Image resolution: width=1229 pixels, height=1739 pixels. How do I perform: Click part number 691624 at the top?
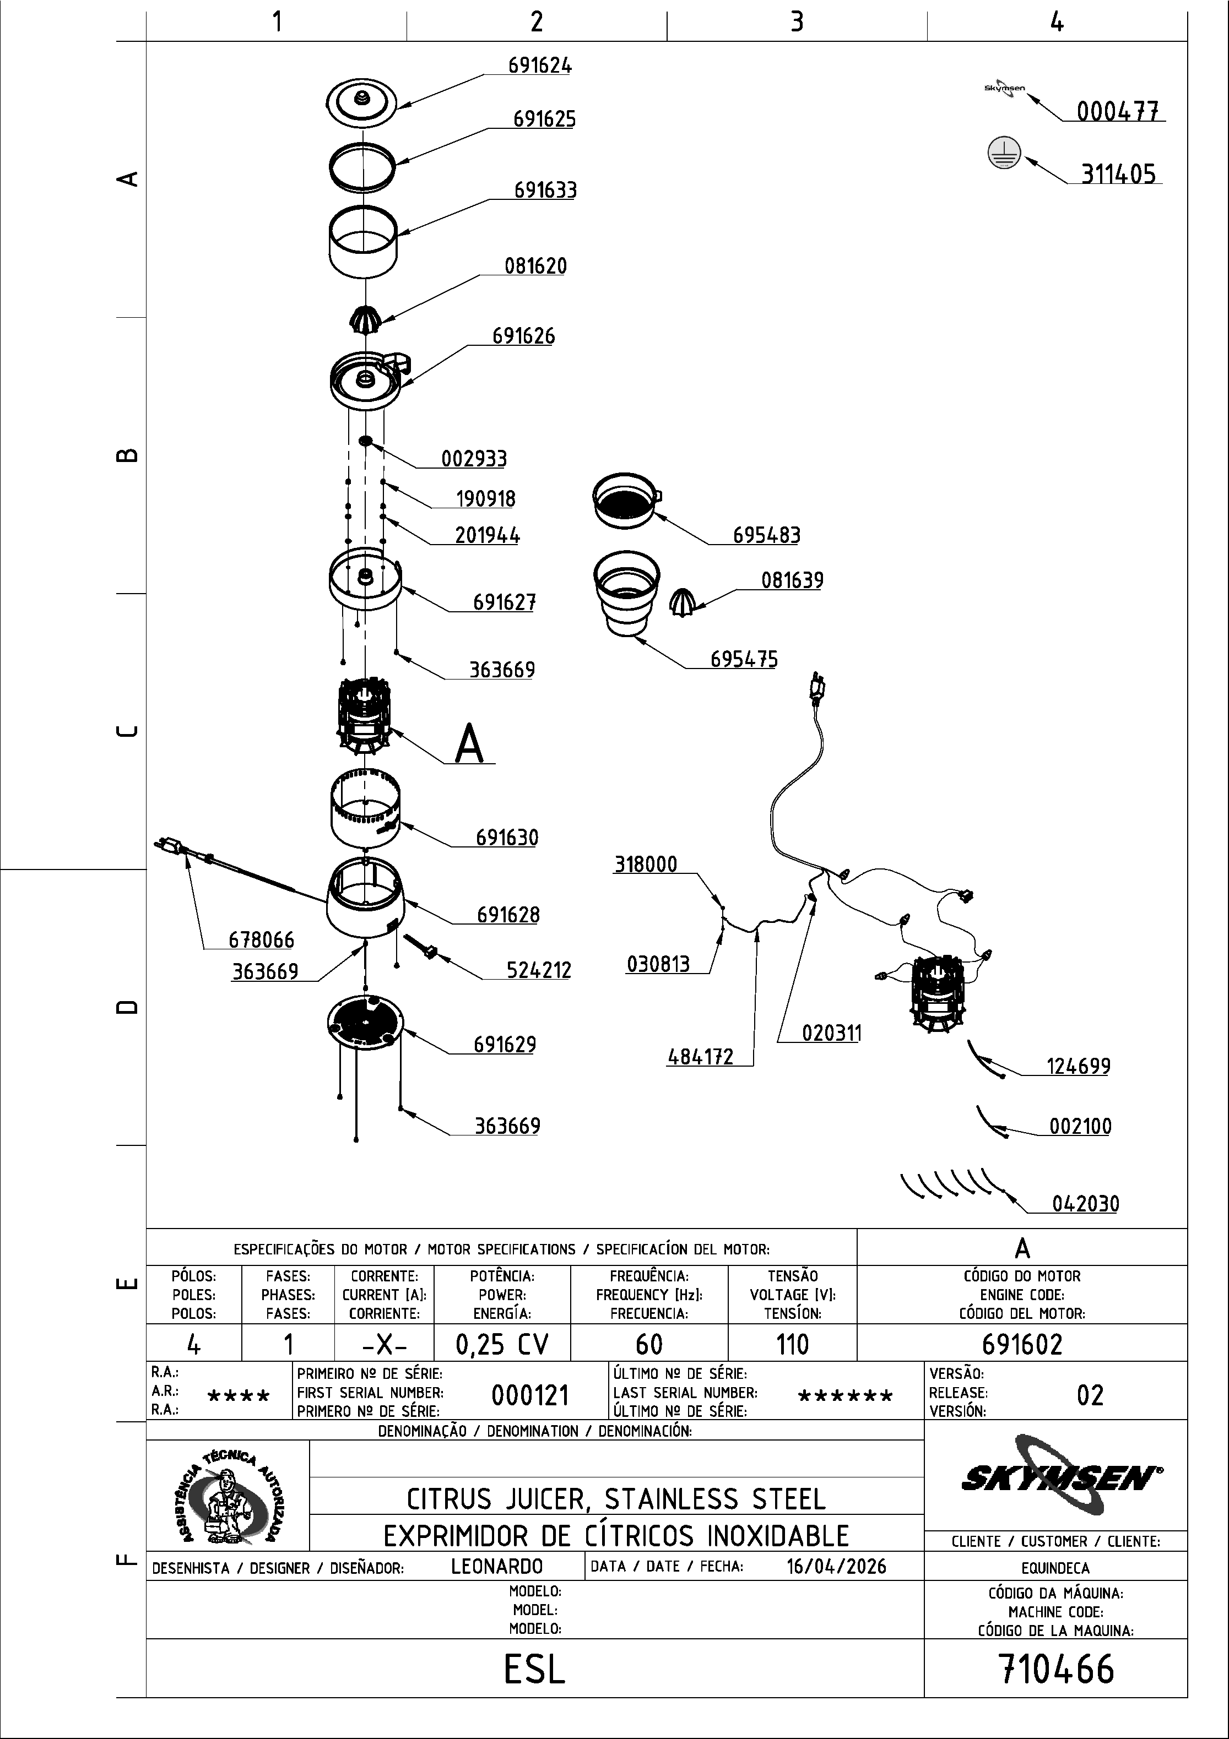click(x=539, y=66)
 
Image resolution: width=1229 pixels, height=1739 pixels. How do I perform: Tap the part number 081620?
click(x=535, y=266)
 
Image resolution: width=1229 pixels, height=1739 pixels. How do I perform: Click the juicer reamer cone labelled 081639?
click(x=683, y=601)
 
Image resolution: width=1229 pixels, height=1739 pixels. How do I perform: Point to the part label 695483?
click(x=766, y=535)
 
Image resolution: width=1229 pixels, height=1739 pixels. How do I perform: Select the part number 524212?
click(x=538, y=970)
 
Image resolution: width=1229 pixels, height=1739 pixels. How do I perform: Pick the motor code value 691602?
click(x=1021, y=1344)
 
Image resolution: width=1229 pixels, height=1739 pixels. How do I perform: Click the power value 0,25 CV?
click(x=502, y=1344)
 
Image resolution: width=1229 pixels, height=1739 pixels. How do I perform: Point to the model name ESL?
click(x=535, y=1669)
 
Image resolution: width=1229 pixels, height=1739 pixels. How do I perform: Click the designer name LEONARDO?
click(x=496, y=1566)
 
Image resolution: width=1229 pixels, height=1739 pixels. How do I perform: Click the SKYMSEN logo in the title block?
click(x=1061, y=1477)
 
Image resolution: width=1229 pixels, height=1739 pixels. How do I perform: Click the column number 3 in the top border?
click(x=797, y=22)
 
